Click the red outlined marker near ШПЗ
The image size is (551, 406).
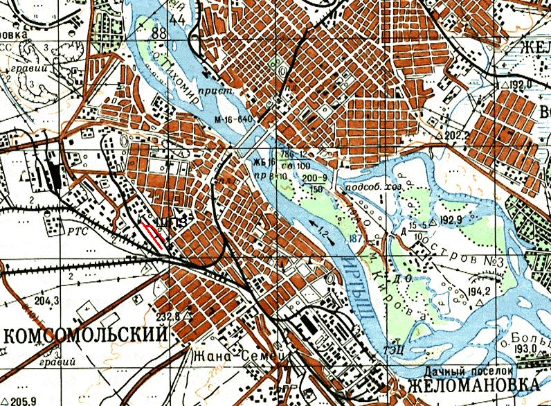[x=154, y=234]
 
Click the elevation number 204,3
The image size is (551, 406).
[x=46, y=301]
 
